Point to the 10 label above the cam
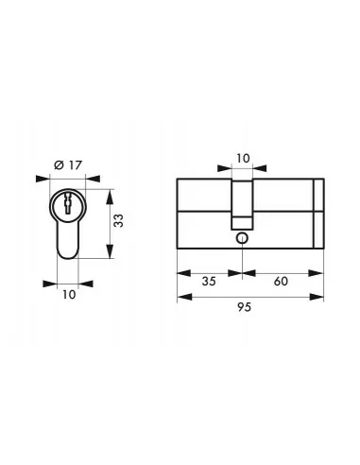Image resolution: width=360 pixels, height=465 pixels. (x=243, y=160)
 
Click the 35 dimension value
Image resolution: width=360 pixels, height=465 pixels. (x=209, y=283)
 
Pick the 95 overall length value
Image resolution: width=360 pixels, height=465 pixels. (x=251, y=308)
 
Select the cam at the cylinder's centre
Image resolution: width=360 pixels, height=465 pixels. (x=243, y=203)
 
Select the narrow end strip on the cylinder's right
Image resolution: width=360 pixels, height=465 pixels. (x=318, y=215)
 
